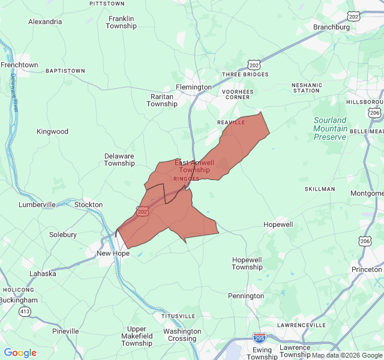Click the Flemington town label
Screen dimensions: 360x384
click(x=194, y=87)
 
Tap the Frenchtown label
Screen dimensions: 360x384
click(x=19, y=65)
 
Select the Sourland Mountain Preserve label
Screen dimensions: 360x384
click(x=330, y=128)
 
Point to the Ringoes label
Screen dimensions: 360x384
click(x=186, y=179)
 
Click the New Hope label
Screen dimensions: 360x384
click(x=113, y=253)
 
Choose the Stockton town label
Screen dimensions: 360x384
click(x=88, y=205)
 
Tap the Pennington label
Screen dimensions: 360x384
click(x=246, y=296)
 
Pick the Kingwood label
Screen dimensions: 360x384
click(x=53, y=131)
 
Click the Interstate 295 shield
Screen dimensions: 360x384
click(x=260, y=338)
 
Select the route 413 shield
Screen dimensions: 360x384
click(x=25, y=311)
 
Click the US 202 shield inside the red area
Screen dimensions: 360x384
click(x=142, y=211)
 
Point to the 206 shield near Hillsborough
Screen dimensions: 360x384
click(x=375, y=113)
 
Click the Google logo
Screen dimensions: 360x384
click(x=20, y=353)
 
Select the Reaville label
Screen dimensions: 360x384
click(x=231, y=122)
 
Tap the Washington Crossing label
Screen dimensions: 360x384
click(x=182, y=335)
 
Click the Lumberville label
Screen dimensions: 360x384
click(x=37, y=205)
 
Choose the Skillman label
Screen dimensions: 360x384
click(x=320, y=189)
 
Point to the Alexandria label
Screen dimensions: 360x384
click(x=45, y=22)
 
